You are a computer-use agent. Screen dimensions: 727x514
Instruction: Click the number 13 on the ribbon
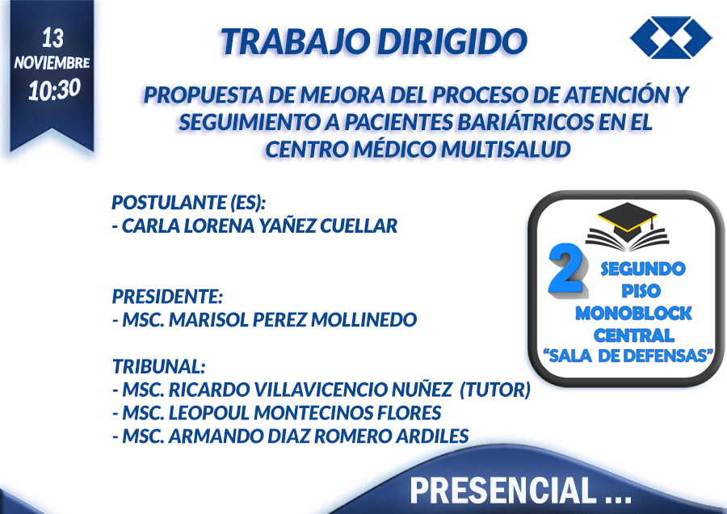click(x=53, y=37)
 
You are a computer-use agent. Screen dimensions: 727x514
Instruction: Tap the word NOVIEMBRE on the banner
click(x=52, y=62)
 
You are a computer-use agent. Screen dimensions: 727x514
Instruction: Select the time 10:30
click(x=54, y=89)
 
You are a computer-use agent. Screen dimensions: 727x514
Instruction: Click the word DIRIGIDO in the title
click(x=452, y=41)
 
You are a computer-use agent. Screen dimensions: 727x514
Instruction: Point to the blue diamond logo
click(x=671, y=37)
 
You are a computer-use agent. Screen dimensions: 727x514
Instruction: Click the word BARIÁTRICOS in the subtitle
click(x=525, y=122)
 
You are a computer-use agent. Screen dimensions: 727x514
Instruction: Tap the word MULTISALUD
click(x=506, y=150)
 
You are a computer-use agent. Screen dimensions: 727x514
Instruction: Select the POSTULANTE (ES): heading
click(x=189, y=203)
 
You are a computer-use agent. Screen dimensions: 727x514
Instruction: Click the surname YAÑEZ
click(x=287, y=226)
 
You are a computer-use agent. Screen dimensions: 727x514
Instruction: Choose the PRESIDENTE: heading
click(x=167, y=297)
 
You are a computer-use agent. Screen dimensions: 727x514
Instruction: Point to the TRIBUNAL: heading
click(x=158, y=366)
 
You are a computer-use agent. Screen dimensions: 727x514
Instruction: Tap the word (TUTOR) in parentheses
click(x=495, y=390)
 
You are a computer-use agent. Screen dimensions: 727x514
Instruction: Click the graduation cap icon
click(x=627, y=226)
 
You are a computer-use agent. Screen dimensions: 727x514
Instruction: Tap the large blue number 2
click(x=566, y=270)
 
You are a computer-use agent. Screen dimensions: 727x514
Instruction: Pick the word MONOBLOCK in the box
click(x=633, y=314)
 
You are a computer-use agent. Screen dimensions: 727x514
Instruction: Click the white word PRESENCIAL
click(x=503, y=490)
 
